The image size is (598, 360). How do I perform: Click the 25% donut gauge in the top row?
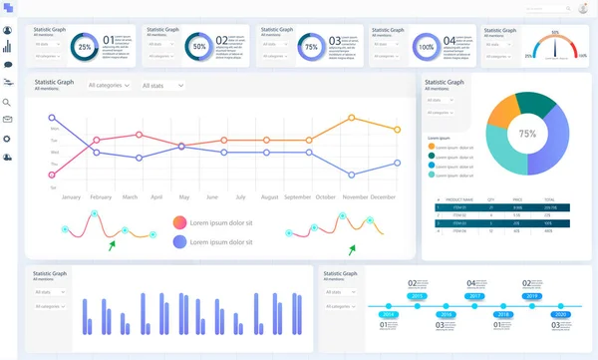point(85,47)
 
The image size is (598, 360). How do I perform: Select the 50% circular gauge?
point(198,47)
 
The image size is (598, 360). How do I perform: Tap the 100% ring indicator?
point(426,47)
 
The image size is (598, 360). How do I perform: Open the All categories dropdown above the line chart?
point(109,86)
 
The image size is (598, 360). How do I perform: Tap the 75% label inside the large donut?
point(527,134)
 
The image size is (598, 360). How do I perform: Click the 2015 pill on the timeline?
point(419,297)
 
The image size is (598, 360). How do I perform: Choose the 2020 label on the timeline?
point(561,315)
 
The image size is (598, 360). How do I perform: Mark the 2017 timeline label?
point(475,297)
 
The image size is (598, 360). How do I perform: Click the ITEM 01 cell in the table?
point(459,207)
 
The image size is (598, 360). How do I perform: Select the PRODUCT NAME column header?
point(459,199)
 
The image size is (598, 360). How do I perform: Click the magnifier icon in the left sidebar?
point(8,102)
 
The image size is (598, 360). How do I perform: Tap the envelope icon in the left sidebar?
point(8,120)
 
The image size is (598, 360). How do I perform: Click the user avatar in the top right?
point(583,9)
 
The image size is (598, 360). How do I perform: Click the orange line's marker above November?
point(352,118)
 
